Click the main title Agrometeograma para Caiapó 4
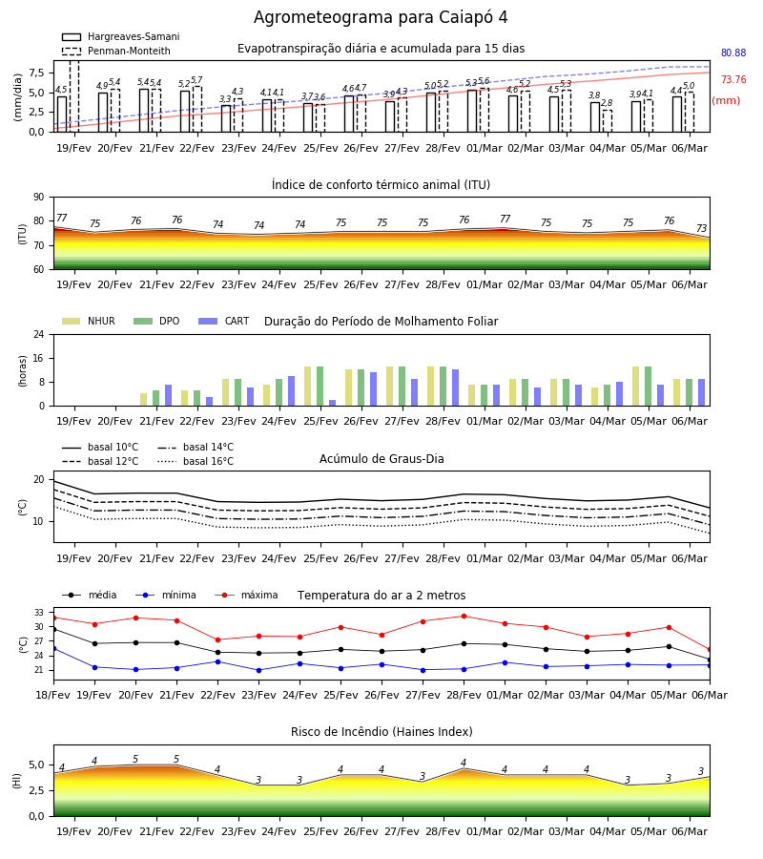[381, 17]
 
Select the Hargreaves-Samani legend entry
[121, 36]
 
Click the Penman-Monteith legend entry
[116, 51]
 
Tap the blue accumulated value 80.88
[733, 53]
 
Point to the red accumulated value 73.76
[733, 79]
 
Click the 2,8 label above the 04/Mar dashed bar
[607, 102]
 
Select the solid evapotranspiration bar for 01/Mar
[472, 111]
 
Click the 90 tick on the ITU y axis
[39, 198]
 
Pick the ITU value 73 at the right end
[701, 228]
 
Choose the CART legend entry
[224, 321]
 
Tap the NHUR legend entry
[89, 321]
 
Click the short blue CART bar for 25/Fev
[332, 403]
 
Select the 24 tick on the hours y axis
[39, 334]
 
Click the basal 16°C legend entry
[196, 461]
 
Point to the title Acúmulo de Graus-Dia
[381, 459]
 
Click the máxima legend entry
[247, 595]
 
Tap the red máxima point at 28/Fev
[464, 617]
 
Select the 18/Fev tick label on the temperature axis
[53, 695]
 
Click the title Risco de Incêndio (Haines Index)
[381, 732]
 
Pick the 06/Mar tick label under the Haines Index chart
[690, 831]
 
